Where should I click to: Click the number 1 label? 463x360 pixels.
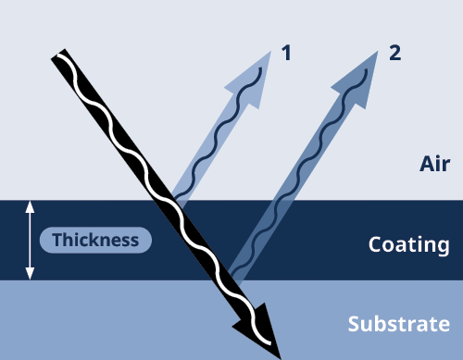click(x=286, y=53)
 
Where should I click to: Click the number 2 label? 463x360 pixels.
click(x=395, y=53)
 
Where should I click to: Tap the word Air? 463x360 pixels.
click(x=434, y=165)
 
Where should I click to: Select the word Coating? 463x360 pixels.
click(x=408, y=245)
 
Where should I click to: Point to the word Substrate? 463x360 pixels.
click(x=398, y=325)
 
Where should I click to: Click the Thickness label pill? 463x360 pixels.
click(x=95, y=241)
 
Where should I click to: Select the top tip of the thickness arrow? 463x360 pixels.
click(x=30, y=204)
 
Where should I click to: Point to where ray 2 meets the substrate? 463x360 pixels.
click(x=235, y=278)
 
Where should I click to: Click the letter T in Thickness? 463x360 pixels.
click(x=56, y=241)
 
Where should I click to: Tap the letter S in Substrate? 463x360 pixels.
click(x=354, y=325)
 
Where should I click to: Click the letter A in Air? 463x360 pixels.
click(x=426, y=165)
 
